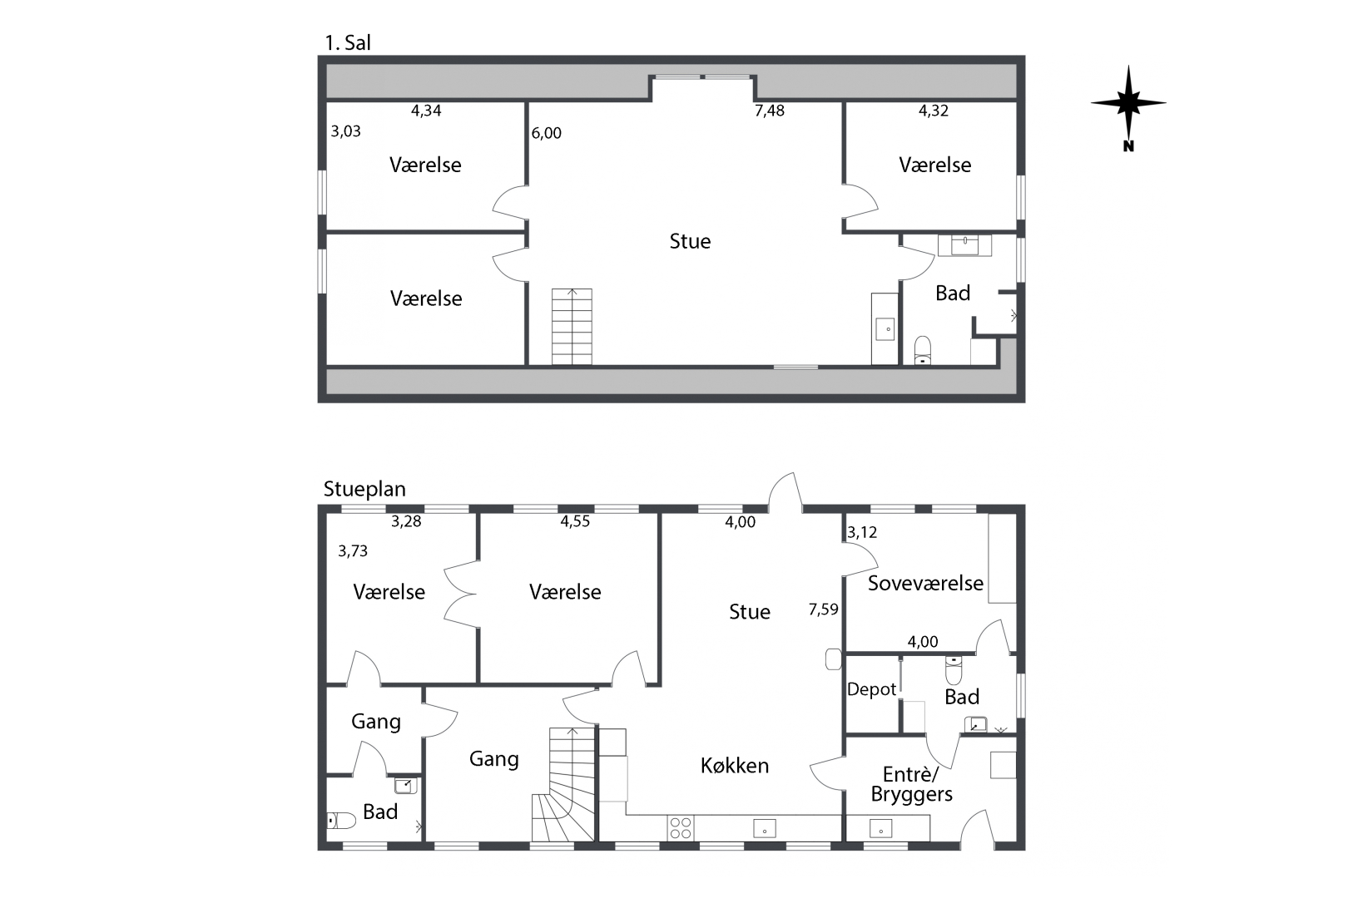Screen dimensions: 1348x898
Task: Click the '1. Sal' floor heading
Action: pos(348,42)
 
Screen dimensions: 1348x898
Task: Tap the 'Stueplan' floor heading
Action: pos(364,489)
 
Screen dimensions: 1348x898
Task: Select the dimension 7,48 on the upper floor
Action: pos(770,111)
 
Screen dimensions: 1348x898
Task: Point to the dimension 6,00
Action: pos(547,133)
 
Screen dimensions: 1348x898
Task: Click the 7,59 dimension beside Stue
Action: pos(823,610)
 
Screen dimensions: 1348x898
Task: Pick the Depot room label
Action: pos(871,689)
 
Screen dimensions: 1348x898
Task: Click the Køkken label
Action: pos(735,765)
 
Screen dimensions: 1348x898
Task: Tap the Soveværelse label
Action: pos(925,583)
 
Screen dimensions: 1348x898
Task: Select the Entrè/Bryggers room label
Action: pos(912,784)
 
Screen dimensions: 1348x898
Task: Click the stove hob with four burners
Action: pos(681,827)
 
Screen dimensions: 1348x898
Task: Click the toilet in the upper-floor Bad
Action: pos(923,351)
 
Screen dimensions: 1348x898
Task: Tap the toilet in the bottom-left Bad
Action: pos(341,821)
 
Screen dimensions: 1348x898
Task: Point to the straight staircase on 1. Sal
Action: pos(572,327)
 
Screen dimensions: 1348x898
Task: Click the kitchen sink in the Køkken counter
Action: pos(764,828)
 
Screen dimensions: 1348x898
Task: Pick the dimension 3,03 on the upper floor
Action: pos(345,131)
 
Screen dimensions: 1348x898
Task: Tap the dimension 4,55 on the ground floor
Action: pos(575,521)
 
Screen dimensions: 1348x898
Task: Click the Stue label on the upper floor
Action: pos(691,241)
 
